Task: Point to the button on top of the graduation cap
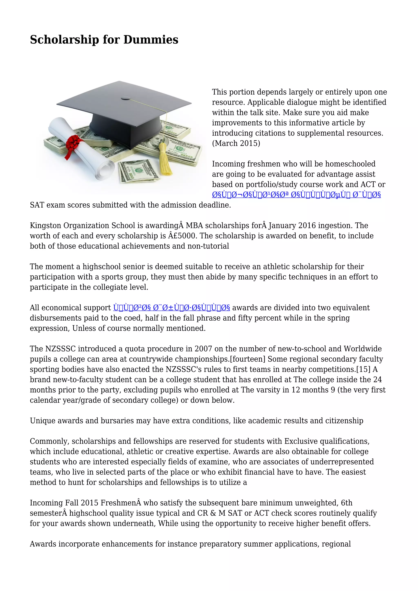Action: coord(126,98)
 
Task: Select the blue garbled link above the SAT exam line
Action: coord(296,195)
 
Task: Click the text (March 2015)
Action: coord(236,143)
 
